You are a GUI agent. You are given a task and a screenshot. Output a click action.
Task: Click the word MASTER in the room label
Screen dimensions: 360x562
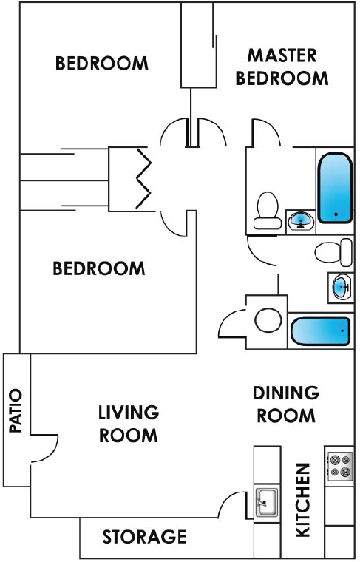click(282, 55)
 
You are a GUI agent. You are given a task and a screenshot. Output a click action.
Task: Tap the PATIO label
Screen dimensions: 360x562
click(15, 410)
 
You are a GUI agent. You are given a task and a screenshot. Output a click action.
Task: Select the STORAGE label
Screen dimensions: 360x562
click(144, 537)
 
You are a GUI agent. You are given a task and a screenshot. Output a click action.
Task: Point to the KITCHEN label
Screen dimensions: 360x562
click(302, 500)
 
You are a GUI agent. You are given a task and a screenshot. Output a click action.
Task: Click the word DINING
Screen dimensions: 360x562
click(286, 393)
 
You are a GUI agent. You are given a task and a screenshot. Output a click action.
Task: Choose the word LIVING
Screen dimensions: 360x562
click(129, 412)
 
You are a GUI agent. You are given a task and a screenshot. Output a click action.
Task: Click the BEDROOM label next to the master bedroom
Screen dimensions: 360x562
click(102, 63)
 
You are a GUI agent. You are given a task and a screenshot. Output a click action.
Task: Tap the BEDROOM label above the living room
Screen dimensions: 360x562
click(99, 268)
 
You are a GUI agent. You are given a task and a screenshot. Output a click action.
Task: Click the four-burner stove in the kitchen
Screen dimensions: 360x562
click(340, 466)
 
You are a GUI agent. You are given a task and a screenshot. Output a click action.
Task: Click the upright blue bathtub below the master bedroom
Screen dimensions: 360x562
click(335, 188)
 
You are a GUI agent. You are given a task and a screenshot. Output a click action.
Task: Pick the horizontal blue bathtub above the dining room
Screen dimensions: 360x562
click(320, 331)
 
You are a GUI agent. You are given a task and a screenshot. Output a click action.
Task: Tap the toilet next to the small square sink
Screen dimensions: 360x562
click(267, 211)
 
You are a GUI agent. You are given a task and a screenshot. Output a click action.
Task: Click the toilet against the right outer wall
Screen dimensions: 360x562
click(333, 252)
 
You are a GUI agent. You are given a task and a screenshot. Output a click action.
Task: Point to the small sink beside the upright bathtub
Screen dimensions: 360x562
click(301, 221)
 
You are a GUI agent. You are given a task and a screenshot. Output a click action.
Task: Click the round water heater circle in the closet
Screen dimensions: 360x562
click(268, 319)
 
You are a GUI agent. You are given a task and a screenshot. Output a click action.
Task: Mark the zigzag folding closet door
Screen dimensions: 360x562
click(144, 178)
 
